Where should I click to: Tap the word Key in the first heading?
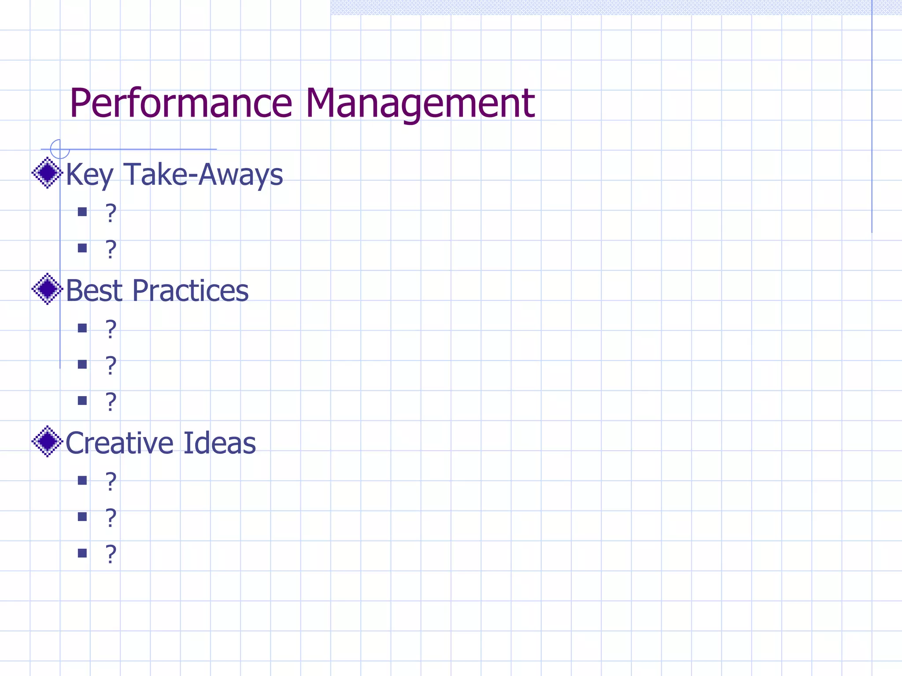click(90, 175)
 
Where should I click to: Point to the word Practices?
click(190, 291)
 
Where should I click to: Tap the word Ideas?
click(219, 443)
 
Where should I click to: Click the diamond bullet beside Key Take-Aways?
click(47, 173)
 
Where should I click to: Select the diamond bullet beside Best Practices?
click(47, 289)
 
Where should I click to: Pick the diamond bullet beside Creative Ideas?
click(47, 441)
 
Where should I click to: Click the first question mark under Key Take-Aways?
click(111, 213)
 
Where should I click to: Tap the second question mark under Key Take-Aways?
click(111, 249)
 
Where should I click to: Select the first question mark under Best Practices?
click(111, 329)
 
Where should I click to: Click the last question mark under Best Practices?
click(111, 401)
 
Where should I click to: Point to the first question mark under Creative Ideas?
click(111, 481)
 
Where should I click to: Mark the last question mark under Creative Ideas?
click(111, 554)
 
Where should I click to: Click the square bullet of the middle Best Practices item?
click(82, 364)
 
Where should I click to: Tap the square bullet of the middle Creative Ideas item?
click(82, 516)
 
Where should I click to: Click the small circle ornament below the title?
click(60, 149)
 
